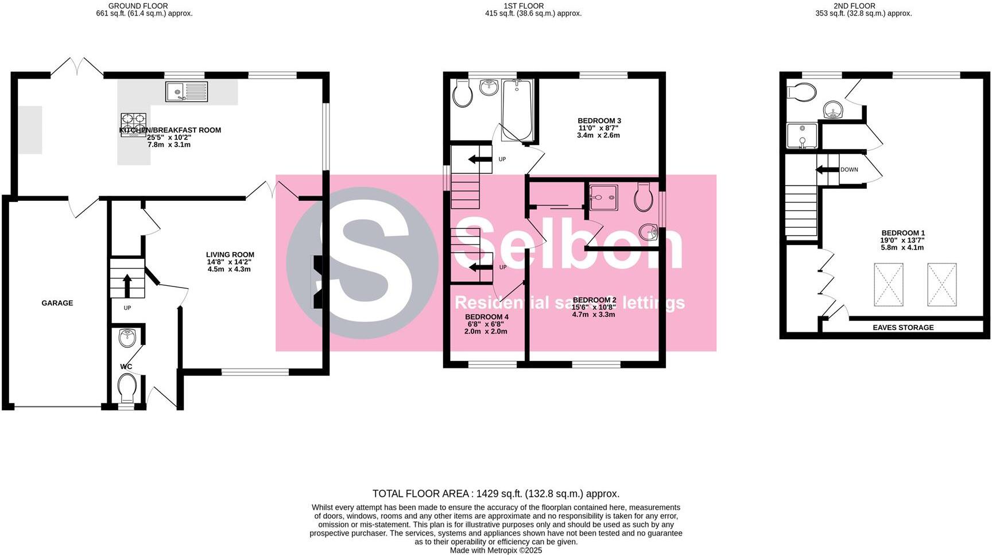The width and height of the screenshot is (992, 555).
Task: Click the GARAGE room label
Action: click(57, 303)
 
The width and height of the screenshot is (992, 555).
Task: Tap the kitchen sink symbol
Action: click(187, 92)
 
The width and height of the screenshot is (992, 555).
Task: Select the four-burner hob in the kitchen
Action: click(133, 125)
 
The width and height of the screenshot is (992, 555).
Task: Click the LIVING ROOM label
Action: click(230, 255)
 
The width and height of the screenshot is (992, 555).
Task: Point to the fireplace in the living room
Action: click(317, 282)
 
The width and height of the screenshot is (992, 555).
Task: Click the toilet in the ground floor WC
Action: click(126, 388)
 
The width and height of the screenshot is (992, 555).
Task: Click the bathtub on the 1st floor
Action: click(517, 110)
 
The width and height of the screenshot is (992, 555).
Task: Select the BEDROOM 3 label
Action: click(599, 121)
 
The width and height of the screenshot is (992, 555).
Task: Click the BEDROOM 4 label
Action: click(486, 317)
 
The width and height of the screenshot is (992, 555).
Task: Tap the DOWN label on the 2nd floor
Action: click(849, 170)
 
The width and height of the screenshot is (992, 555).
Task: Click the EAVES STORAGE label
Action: click(903, 328)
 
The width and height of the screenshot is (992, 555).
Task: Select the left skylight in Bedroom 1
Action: click(888, 285)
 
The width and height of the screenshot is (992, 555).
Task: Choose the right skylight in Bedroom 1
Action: click(941, 285)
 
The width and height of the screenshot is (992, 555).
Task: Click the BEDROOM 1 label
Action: click(902, 233)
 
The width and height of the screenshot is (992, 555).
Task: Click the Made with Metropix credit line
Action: click(495, 550)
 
